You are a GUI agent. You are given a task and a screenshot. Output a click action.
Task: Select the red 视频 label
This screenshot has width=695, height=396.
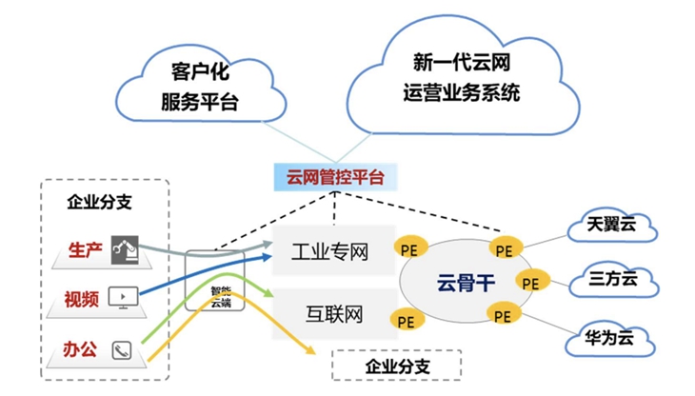coord(83,299)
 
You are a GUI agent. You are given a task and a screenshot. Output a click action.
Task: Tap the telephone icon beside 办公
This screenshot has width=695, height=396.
coord(121,348)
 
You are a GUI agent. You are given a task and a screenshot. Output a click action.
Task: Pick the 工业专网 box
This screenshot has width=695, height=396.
coord(329,251)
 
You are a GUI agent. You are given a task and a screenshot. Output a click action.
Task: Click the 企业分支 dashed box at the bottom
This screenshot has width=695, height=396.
coord(397,366)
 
